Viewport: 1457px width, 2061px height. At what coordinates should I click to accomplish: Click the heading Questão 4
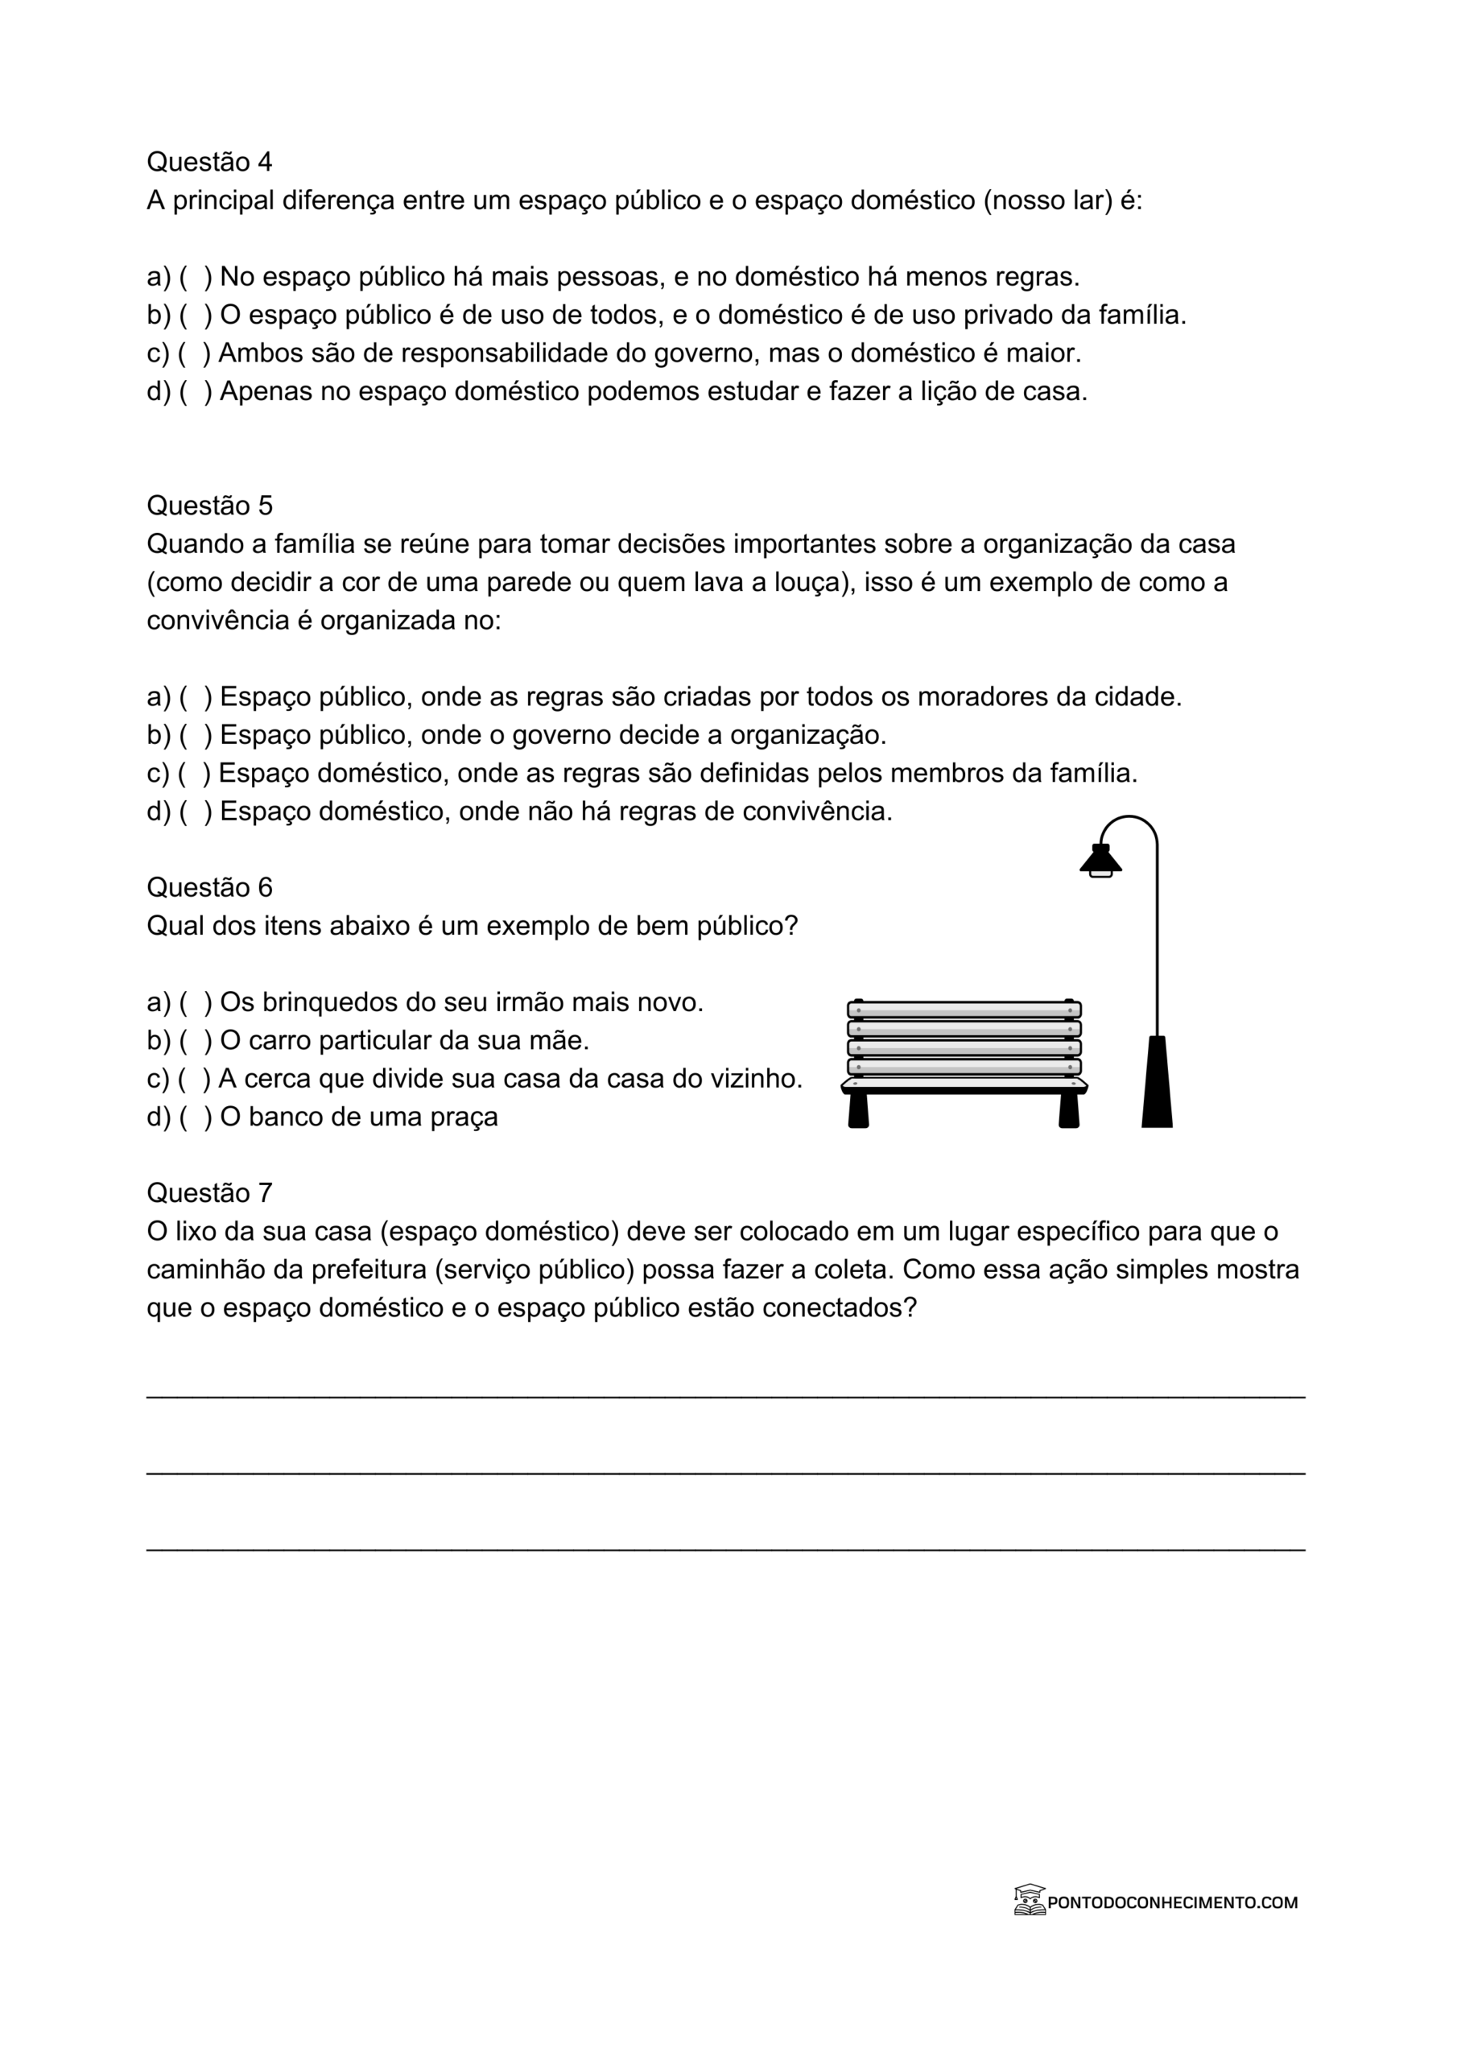point(209,162)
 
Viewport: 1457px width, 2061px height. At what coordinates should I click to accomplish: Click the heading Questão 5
point(209,506)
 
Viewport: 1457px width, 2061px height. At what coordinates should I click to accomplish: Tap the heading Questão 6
point(209,887)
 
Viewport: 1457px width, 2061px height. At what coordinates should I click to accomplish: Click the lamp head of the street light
point(1100,861)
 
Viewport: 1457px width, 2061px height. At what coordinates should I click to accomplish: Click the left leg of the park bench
point(858,1110)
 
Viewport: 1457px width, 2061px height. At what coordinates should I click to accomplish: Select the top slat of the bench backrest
point(964,1010)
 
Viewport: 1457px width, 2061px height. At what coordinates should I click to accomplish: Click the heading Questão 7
point(209,1192)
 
